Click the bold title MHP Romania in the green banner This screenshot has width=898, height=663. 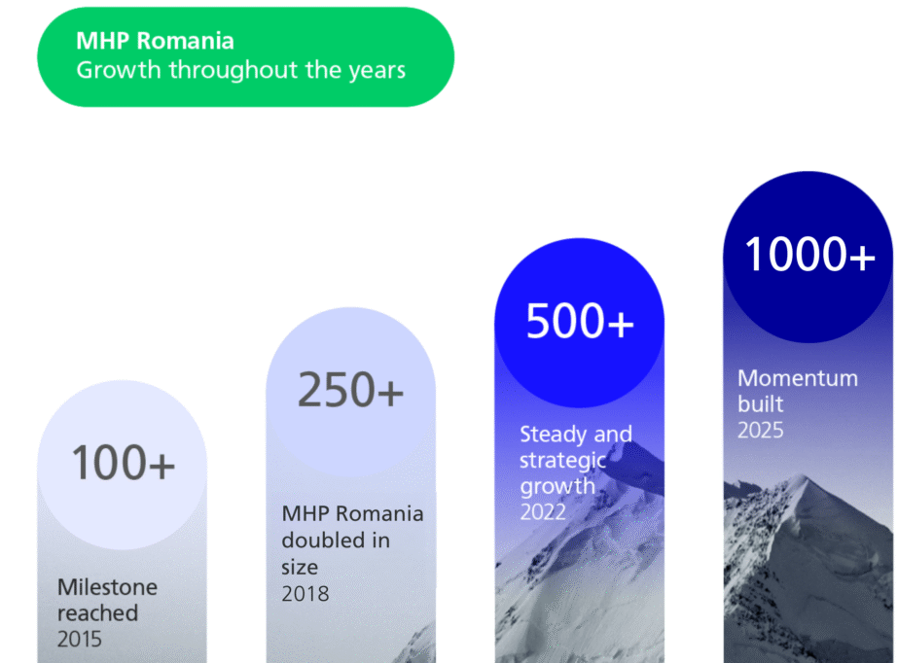[x=155, y=41]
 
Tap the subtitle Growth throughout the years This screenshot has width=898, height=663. [x=240, y=70]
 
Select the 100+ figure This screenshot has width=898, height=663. [x=123, y=462]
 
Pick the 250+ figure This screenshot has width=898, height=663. [x=350, y=390]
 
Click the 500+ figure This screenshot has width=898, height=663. [x=580, y=321]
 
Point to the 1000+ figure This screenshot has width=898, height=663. [x=809, y=254]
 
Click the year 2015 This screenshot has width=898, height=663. [x=80, y=639]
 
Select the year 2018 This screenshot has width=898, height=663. [x=305, y=594]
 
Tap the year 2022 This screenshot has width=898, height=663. [x=543, y=512]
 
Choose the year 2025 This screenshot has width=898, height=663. [x=760, y=431]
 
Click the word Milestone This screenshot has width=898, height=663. [x=108, y=587]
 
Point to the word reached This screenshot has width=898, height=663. [x=98, y=613]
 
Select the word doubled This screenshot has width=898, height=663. [x=319, y=540]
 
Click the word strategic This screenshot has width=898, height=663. [x=562, y=461]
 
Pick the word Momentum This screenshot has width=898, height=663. [x=798, y=378]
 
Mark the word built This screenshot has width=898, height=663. [x=760, y=403]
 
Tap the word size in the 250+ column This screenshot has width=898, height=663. [x=300, y=567]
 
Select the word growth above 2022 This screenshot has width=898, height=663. [x=557, y=487]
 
